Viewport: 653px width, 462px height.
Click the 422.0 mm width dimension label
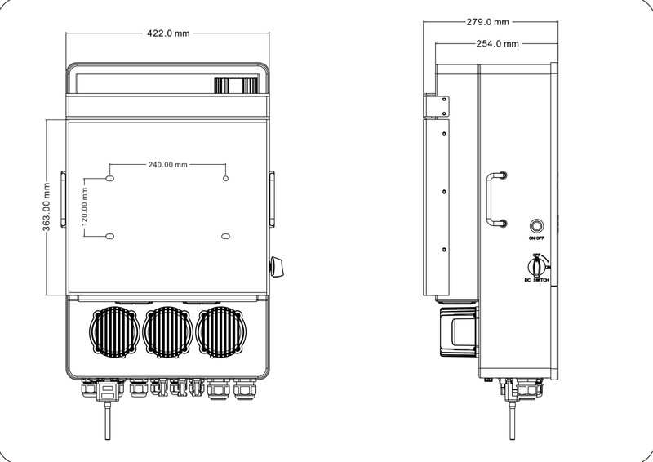point(168,34)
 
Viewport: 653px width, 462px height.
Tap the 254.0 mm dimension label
point(499,43)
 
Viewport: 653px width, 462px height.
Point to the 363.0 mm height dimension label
point(47,207)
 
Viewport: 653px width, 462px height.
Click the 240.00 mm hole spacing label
point(167,164)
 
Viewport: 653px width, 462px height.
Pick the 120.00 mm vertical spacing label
point(85,207)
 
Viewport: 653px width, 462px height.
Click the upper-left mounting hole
point(110,177)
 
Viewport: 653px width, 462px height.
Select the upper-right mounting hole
point(226,177)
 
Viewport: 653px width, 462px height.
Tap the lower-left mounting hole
point(110,237)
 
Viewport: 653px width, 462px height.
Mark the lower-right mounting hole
point(226,237)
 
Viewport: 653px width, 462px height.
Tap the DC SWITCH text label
point(537,281)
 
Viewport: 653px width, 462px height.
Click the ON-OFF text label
point(537,238)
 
